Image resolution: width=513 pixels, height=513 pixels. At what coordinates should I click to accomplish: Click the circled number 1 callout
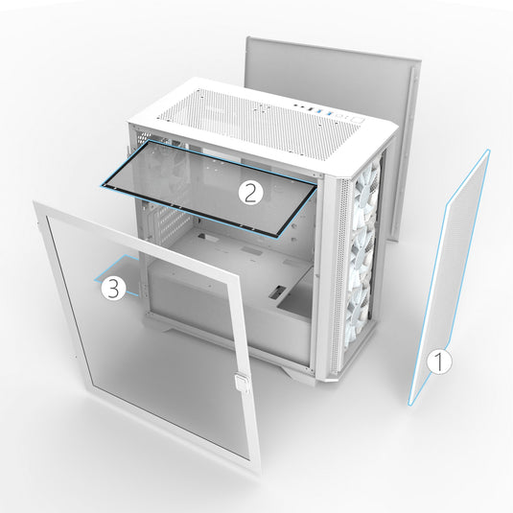(439, 361)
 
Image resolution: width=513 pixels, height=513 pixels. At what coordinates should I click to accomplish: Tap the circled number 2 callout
(250, 193)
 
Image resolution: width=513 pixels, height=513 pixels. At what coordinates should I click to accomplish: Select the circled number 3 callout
(113, 288)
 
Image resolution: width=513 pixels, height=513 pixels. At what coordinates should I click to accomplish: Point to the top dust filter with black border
(209, 188)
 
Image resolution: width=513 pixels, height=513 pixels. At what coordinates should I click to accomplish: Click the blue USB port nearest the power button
(330, 114)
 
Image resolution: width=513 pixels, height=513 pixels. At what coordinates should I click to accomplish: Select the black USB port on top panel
(312, 110)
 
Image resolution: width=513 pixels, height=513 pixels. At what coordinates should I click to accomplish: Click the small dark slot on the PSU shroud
(277, 292)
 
